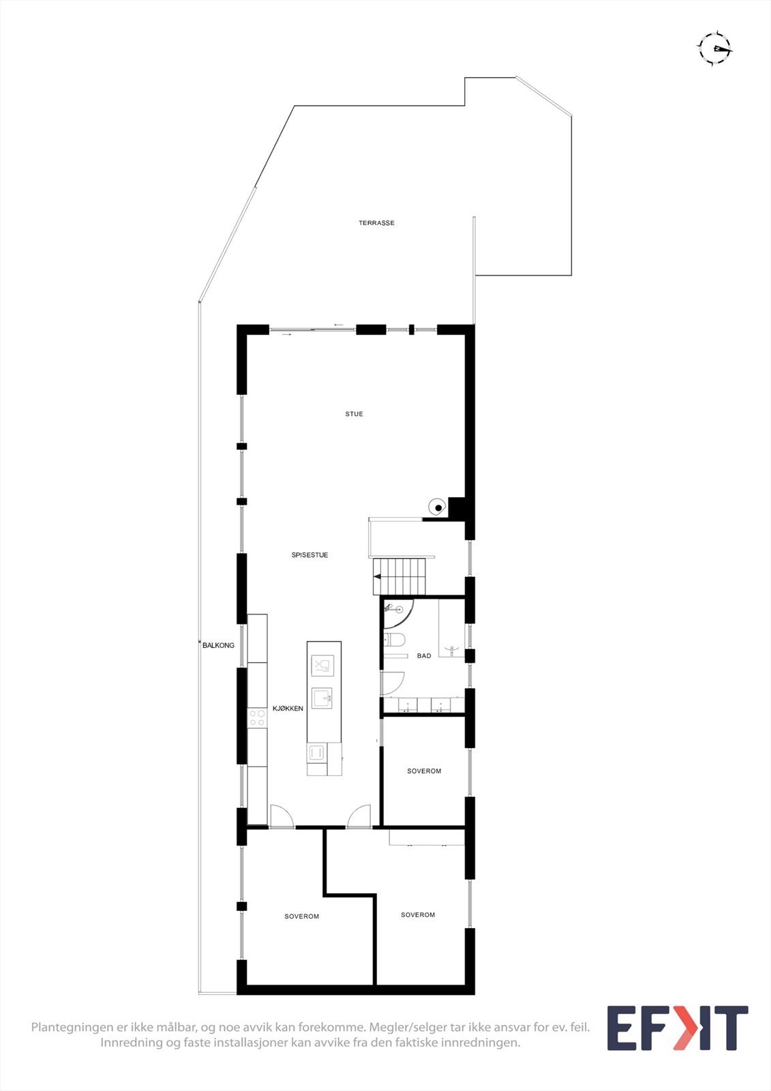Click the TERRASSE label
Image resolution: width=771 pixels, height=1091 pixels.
point(376,223)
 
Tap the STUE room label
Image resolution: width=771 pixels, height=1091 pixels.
point(354,414)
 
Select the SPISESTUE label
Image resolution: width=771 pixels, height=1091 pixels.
point(309,555)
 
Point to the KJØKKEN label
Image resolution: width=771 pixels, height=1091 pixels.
point(288,708)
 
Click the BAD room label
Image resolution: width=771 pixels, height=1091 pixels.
point(424,656)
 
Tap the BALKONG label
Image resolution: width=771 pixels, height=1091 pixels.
point(218,645)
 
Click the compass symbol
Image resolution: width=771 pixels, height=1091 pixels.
point(714,48)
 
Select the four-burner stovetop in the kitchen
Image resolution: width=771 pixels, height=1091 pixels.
point(257,717)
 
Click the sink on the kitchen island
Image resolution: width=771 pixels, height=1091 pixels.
point(322,698)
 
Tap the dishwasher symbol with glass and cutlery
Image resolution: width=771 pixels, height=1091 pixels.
point(322,665)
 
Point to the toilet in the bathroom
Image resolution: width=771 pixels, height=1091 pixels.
point(394,640)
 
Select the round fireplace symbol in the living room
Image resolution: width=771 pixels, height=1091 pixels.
point(437,507)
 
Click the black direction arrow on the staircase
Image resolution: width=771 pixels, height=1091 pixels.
point(377,577)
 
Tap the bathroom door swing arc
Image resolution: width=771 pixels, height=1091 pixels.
point(393,683)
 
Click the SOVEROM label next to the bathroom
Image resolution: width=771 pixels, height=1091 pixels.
point(424,771)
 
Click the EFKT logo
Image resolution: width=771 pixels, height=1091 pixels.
point(677,1028)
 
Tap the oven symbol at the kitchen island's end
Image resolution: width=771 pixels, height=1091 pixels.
point(316,752)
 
